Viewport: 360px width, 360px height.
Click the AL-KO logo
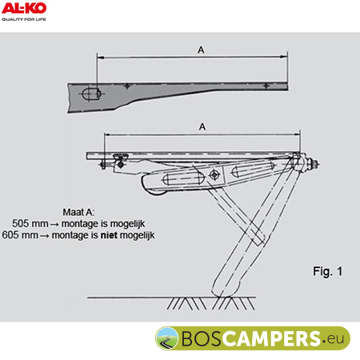[x=24, y=8]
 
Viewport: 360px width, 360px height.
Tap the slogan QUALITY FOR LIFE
[x=24, y=19]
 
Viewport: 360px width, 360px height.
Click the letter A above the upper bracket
[x=201, y=50]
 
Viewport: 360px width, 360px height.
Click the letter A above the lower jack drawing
[x=202, y=126]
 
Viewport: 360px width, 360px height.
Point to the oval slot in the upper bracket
[x=90, y=94]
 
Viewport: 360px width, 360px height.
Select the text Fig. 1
[x=328, y=271]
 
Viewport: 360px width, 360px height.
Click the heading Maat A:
[x=78, y=212]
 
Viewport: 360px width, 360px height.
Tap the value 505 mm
[x=30, y=223]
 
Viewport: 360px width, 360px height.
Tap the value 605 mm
[x=20, y=235]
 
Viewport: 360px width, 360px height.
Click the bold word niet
[x=109, y=235]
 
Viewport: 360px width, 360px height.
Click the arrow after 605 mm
[x=45, y=236]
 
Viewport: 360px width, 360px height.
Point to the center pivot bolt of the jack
[x=214, y=175]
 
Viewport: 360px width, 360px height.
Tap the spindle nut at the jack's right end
[x=312, y=163]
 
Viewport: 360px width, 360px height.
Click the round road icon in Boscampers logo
[x=167, y=338]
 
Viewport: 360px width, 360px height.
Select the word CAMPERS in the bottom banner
[x=271, y=338]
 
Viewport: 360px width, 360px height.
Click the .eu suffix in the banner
[x=334, y=338]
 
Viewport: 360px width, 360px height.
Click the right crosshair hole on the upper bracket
[x=266, y=86]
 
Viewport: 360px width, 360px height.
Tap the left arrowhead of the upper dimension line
[x=100, y=57]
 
